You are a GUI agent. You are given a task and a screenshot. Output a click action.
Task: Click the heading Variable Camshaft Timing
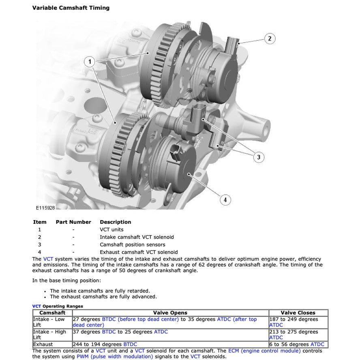pos(71,8)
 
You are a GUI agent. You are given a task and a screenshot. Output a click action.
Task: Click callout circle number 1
pos(90,62)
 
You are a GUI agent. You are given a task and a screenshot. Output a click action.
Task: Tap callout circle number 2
pos(270,39)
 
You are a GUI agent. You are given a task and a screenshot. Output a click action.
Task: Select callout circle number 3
pos(259,157)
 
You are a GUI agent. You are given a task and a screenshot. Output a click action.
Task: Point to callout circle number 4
pos(225,199)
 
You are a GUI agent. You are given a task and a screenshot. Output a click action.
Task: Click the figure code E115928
pos(45,208)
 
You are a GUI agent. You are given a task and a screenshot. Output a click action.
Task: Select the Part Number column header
pos(73,222)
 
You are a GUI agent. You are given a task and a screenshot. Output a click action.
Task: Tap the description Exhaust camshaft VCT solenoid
pos(139,252)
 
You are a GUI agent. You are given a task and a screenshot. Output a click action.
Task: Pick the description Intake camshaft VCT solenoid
pos(137,237)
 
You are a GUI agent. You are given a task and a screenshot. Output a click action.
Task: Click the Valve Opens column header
pos(170,313)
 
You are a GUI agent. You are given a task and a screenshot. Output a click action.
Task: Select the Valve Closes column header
pos(298,313)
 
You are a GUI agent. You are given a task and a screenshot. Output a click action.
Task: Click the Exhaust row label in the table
pos(43,345)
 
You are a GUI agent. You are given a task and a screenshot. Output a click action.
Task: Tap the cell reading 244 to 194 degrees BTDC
pos(105,345)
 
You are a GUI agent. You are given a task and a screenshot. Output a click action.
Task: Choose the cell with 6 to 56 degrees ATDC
pos(297,345)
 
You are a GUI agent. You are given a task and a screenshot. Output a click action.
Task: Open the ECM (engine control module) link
pos(264,351)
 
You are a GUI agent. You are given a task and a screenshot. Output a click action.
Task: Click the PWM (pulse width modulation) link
pos(115,357)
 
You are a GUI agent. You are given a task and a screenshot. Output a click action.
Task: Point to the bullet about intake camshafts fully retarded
pos(100,291)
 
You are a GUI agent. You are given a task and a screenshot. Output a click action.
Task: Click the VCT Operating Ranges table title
pos(58,306)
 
